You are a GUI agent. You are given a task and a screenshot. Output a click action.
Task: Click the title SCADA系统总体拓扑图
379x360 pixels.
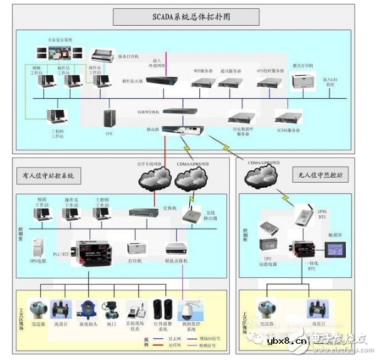point(186,16)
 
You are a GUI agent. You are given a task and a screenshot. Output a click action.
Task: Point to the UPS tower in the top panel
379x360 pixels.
point(110,118)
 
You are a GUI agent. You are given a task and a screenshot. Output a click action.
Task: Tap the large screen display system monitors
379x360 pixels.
point(65,52)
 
